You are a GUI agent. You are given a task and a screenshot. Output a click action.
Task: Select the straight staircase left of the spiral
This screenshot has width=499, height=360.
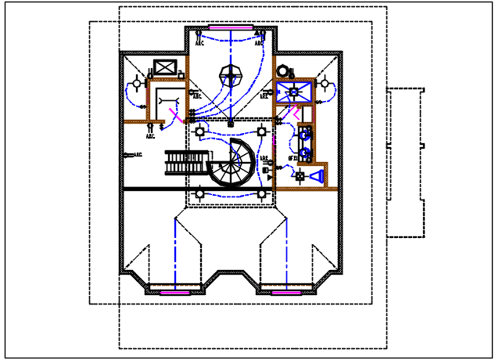[x=186, y=163]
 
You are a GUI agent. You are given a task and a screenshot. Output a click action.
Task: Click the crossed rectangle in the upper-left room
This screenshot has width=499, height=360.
[x=166, y=67]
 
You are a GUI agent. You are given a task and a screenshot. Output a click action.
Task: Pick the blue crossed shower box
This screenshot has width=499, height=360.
[x=294, y=92]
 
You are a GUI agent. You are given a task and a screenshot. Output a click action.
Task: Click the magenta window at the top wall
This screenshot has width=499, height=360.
[x=231, y=28]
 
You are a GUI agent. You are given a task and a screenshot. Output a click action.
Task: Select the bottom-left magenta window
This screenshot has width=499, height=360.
[x=175, y=292]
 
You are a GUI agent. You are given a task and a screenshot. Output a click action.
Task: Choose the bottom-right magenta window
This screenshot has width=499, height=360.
[x=287, y=292]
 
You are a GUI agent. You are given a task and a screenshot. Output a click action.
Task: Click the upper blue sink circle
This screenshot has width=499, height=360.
[x=304, y=134]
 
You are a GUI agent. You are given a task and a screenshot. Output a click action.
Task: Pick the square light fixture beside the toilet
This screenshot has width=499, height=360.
[x=299, y=177]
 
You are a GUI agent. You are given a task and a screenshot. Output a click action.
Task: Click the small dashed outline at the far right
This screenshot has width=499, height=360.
[x=405, y=162]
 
